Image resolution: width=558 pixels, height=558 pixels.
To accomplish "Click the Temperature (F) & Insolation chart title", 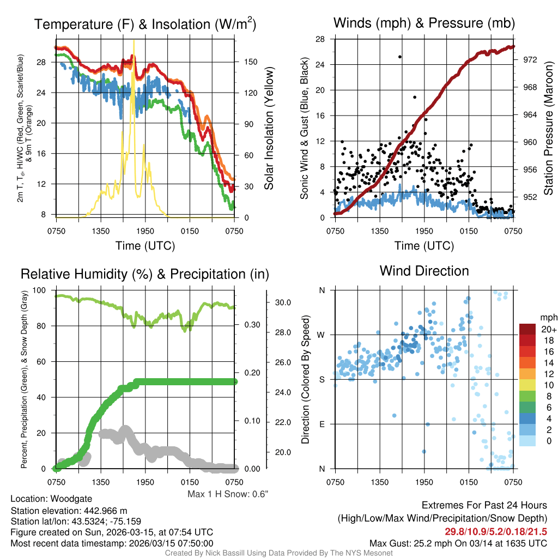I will pyautogui.click(x=145, y=24).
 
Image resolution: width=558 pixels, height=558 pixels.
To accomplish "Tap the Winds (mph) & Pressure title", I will pyautogui.click(x=424, y=23).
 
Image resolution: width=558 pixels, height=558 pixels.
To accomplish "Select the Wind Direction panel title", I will pyautogui.click(x=424, y=270).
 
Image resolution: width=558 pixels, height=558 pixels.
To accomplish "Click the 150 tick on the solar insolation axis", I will pyautogui.click(x=251, y=62).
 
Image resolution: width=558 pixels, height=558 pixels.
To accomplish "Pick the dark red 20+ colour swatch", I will pyautogui.click(x=529, y=329).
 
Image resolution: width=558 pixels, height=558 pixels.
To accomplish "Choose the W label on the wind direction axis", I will pyautogui.click(x=322, y=335).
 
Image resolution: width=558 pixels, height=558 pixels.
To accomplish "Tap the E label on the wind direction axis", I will pyautogui.click(x=322, y=424).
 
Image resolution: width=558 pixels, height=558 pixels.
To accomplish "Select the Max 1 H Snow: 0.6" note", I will pyautogui.click(x=228, y=494).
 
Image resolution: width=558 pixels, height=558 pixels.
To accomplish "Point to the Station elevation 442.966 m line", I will pyautogui.click(x=69, y=511).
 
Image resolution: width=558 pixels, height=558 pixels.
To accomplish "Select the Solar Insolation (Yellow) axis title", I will pyautogui.click(x=269, y=128).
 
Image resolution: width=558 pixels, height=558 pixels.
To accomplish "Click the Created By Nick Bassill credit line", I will pyautogui.click(x=279, y=553).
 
